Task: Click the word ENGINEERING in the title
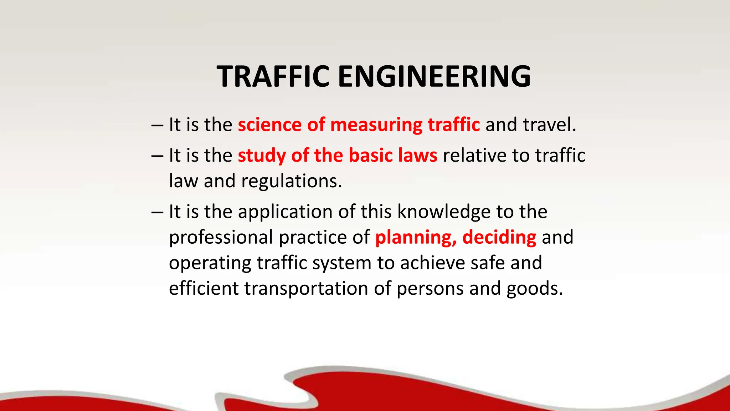tap(434, 76)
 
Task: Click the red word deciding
tap(499, 237)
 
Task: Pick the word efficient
tap(204, 288)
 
